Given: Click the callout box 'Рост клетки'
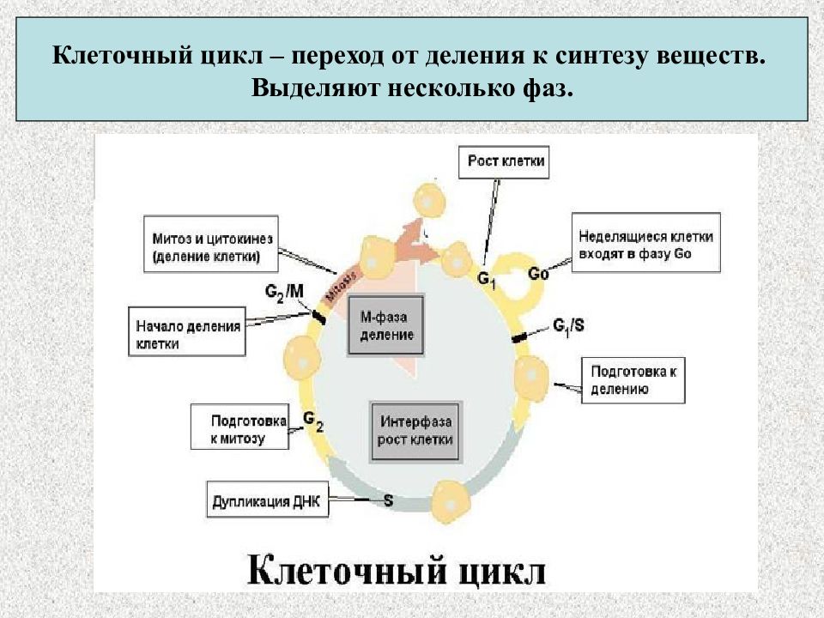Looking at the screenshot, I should (x=507, y=161).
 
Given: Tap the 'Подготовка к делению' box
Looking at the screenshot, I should (x=633, y=380).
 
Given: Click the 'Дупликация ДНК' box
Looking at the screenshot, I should (x=267, y=502).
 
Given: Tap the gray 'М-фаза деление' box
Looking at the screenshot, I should (x=386, y=327).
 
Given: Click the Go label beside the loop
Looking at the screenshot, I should (x=538, y=275).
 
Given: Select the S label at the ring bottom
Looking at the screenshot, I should (x=388, y=499).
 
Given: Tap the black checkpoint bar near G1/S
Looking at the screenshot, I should (x=520, y=337).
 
